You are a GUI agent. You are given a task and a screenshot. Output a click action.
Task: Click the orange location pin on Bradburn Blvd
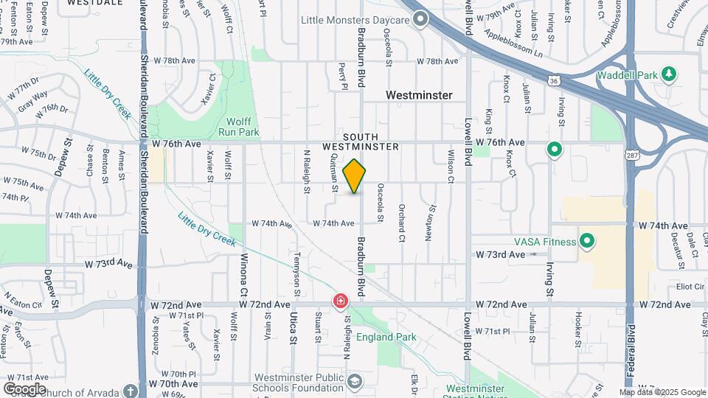point(355,176)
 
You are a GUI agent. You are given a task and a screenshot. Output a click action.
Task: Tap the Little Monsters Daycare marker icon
point(421,20)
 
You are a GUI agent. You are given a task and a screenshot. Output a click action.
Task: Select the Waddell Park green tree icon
point(669,73)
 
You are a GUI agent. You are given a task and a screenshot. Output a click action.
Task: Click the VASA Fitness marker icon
point(588,241)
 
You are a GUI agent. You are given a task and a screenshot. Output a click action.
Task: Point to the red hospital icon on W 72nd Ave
point(340,301)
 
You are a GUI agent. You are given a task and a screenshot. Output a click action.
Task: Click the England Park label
point(386,338)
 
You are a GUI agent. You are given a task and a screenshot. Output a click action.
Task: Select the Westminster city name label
point(419,96)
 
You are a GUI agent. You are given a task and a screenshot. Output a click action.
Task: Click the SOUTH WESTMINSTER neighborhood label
point(370,142)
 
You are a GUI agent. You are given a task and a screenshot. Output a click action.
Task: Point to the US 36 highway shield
point(554,79)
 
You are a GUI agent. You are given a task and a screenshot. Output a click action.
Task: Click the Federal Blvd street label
point(631,351)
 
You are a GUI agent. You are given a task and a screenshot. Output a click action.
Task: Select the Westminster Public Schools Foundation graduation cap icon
point(355,381)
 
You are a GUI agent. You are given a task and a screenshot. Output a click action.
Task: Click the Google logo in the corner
point(24,388)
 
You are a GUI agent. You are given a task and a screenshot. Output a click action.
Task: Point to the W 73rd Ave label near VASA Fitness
point(500,255)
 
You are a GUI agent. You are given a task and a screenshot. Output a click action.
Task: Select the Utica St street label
point(292,324)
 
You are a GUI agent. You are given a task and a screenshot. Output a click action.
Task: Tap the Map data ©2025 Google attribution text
point(662,393)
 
